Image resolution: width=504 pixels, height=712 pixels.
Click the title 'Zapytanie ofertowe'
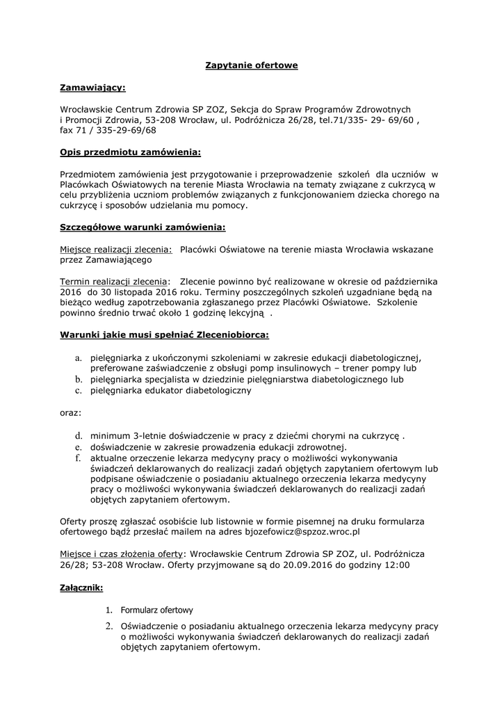pyautogui.click(x=252, y=65)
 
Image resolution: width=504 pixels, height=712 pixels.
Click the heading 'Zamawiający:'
pyautogui.click(x=93, y=88)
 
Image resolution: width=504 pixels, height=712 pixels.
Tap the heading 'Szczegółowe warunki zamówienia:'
pyautogui.click(x=143, y=227)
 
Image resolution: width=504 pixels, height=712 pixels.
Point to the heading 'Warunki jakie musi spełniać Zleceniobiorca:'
pyautogui.click(x=165, y=334)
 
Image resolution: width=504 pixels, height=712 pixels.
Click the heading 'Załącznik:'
pyautogui.click(x=81, y=588)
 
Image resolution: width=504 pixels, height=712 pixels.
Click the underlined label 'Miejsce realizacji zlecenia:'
pyautogui.click(x=116, y=249)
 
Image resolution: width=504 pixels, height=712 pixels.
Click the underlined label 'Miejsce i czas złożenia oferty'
pyautogui.click(x=122, y=554)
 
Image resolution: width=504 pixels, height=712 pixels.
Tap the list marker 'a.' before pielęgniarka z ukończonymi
pyautogui.click(x=79, y=357)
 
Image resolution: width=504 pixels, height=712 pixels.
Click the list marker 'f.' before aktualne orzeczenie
pyautogui.click(x=79, y=458)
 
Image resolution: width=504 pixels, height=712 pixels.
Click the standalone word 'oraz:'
pyautogui.click(x=70, y=412)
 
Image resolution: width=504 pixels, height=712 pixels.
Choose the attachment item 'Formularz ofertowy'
pyautogui.click(x=157, y=610)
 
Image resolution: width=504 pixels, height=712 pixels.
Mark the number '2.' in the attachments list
pyautogui.click(x=109, y=626)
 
